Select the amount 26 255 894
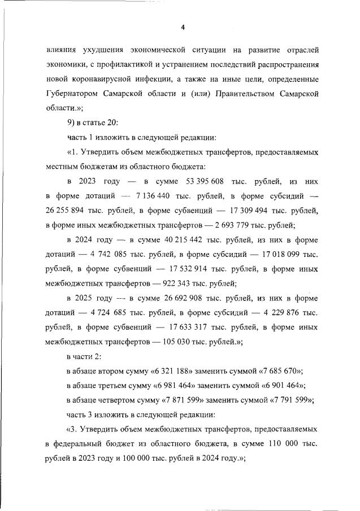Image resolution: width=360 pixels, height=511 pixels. pyautogui.click(x=68, y=211)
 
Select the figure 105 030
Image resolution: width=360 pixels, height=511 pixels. pyautogui.click(x=153, y=343)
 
